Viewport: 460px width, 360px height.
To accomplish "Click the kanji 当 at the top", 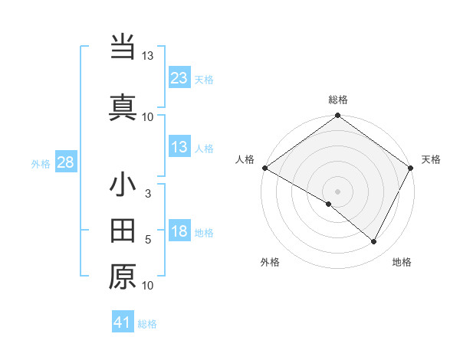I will click(123, 47).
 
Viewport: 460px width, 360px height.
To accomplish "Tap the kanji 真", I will click(123, 106).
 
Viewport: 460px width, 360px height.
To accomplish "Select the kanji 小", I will click(123, 186).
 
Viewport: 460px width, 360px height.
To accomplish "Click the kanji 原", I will click(123, 277).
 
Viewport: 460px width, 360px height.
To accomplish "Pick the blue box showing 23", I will click(179, 78).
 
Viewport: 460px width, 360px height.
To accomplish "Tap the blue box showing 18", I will click(179, 232).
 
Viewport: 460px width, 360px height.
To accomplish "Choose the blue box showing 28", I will click(66, 162).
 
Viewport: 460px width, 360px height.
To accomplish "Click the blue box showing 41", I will click(123, 323).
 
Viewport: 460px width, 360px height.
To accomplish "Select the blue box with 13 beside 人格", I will click(179, 147).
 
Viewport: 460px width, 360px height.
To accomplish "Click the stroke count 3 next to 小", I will click(148, 194).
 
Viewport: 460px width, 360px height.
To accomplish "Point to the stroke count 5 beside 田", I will click(148, 240).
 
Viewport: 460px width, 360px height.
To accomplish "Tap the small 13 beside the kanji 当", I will click(147, 56).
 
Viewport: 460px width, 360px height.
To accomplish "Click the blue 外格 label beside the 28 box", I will click(41, 163).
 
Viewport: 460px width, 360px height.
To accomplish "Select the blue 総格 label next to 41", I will click(147, 324).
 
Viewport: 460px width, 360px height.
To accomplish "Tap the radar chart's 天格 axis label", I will click(431, 159).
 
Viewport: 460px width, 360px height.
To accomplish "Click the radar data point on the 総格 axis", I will click(337, 116).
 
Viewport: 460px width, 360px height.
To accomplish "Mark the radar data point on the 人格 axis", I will click(264, 168).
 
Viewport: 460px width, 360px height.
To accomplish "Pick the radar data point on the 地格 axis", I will click(374, 241).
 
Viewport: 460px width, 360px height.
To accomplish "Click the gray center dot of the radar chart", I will click(337, 191).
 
